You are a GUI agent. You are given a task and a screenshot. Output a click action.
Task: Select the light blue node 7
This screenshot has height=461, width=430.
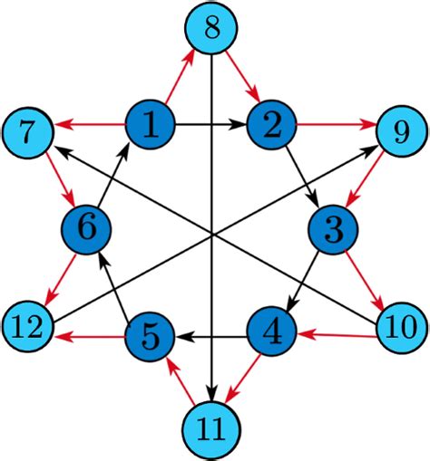pos(28,134)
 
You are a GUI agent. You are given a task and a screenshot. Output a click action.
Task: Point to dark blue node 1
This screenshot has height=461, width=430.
pos(150,124)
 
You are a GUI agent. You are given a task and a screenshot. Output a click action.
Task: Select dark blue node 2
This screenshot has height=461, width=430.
pos(270,124)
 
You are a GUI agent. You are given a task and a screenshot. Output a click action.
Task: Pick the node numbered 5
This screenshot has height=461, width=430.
pos(150,336)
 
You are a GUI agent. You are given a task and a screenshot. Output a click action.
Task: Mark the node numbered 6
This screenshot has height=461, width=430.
pos(87,228)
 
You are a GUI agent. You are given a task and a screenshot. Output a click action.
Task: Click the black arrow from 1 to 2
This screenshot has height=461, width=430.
pos(210,124)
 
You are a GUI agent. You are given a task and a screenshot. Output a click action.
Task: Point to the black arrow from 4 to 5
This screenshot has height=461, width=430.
pos(211,337)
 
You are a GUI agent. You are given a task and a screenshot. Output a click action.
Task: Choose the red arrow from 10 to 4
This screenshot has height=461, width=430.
pos(337,334)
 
